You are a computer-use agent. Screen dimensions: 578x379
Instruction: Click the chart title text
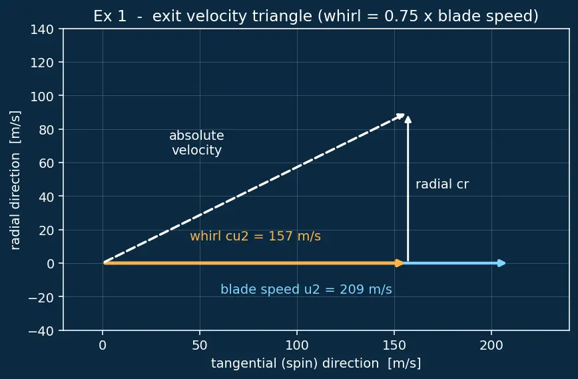[x=316, y=16]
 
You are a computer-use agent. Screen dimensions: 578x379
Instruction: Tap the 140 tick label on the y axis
[x=42, y=29]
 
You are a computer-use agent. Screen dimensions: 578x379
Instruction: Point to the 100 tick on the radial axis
[x=42, y=96]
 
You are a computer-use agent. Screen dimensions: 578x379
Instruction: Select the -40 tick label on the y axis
[x=41, y=330]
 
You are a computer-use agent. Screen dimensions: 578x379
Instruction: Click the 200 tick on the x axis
[x=491, y=346]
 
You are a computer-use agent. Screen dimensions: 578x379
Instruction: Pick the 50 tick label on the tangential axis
[x=200, y=346]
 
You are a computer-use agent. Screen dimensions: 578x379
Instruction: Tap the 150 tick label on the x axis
[x=394, y=346]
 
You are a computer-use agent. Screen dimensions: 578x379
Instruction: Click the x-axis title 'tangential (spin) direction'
[x=295, y=364]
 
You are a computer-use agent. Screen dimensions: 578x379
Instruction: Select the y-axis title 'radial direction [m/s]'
[x=15, y=181]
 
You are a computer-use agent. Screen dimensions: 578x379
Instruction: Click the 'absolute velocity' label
[x=196, y=143]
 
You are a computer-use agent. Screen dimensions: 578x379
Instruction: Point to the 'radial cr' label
[x=442, y=185]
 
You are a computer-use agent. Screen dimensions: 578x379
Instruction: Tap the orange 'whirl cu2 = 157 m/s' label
[x=255, y=236]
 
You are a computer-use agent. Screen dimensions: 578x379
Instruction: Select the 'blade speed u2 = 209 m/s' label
[x=306, y=289]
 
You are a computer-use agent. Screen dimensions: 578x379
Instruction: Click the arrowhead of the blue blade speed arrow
[x=502, y=263]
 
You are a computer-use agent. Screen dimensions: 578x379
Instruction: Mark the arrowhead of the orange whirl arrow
[x=400, y=263]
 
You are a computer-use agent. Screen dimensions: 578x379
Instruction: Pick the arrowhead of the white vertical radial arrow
[x=408, y=119]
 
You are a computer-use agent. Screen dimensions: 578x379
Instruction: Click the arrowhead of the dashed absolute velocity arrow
[x=401, y=117]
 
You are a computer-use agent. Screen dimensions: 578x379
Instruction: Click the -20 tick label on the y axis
[x=41, y=297]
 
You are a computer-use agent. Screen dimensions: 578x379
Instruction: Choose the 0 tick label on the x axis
[x=103, y=346]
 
